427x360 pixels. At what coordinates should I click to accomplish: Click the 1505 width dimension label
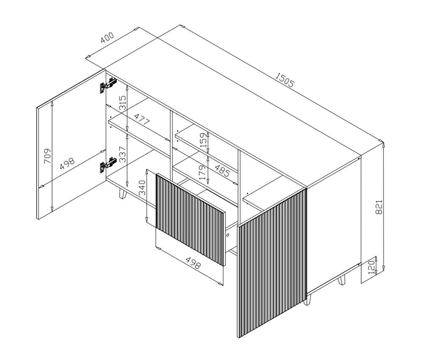tap(284, 80)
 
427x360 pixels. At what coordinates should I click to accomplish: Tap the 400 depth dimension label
tap(107, 37)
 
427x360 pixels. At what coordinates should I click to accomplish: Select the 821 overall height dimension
tap(379, 207)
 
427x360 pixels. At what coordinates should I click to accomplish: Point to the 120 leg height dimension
tap(371, 267)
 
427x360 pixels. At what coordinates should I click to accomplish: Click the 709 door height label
tap(47, 156)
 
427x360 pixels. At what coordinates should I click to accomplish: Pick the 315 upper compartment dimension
tap(123, 102)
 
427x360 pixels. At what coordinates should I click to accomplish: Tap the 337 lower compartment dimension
tap(123, 154)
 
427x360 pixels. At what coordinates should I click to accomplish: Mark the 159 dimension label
tap(204, 140)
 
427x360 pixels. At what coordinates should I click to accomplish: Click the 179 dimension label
tap(203, 172)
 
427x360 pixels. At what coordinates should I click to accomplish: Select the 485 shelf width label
tap(222, 170)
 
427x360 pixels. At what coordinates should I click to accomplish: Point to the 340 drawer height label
tap(143, 188)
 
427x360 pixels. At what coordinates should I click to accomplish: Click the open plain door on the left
tap(71, 144)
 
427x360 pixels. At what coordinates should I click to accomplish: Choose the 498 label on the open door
tap(67, 164)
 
